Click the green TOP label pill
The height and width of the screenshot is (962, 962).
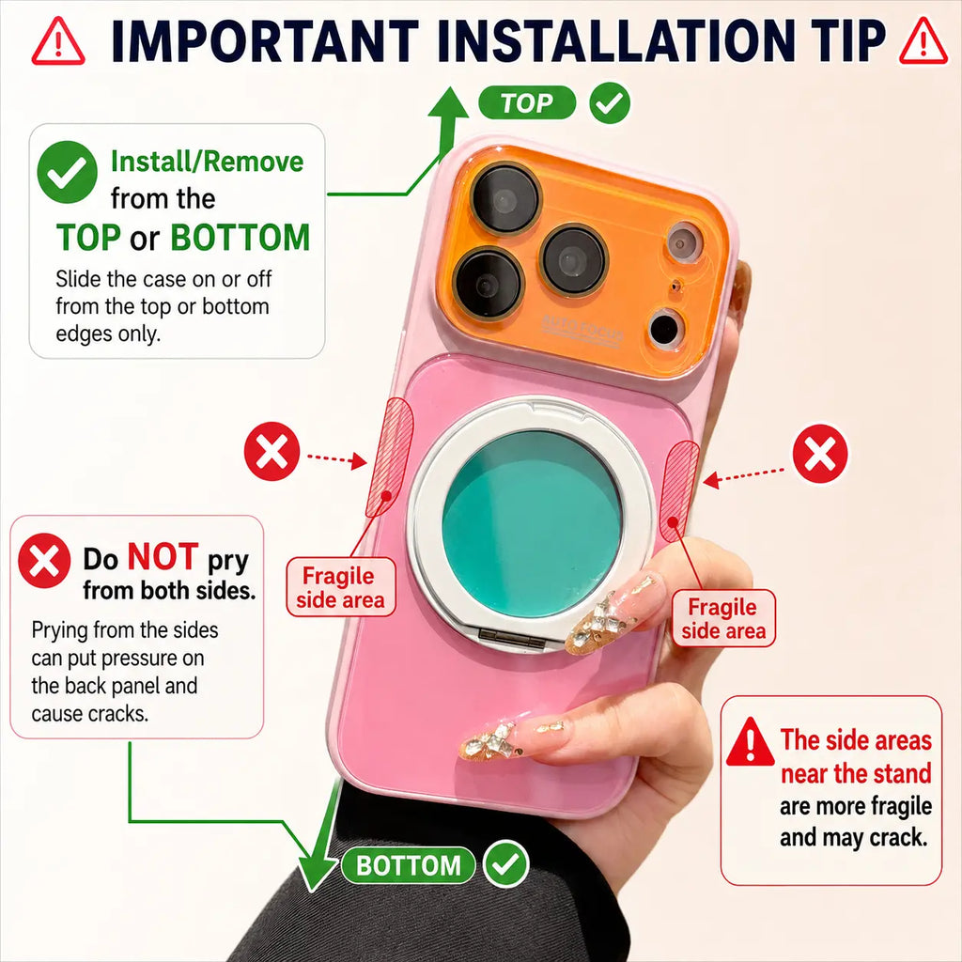tap(527, 103)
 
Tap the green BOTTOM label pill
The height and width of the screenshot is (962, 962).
tap(408, 865)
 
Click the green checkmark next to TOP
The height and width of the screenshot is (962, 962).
tap(610, 103)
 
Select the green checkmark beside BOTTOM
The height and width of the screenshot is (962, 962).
tap(506, 864)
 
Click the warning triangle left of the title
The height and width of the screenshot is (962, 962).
tap(58, 41)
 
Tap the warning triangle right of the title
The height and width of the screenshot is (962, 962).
tap(923, 41)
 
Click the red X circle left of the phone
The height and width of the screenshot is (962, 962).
tap(272, 451)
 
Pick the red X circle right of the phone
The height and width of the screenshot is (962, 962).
tap(820, 454)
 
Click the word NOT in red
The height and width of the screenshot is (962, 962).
tap(163, 557)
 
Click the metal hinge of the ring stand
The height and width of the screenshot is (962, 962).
tap(512, 638)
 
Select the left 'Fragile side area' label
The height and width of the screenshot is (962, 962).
tap(340, 587)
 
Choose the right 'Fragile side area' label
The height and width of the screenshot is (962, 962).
tap(724, 618)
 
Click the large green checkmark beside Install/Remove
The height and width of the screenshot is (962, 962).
tap(68, 172)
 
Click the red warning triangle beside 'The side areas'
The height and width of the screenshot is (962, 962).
tap(751, 742)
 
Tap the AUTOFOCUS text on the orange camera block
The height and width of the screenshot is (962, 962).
tap(582, 330)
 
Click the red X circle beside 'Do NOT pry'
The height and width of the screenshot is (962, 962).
tap(44, 561)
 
